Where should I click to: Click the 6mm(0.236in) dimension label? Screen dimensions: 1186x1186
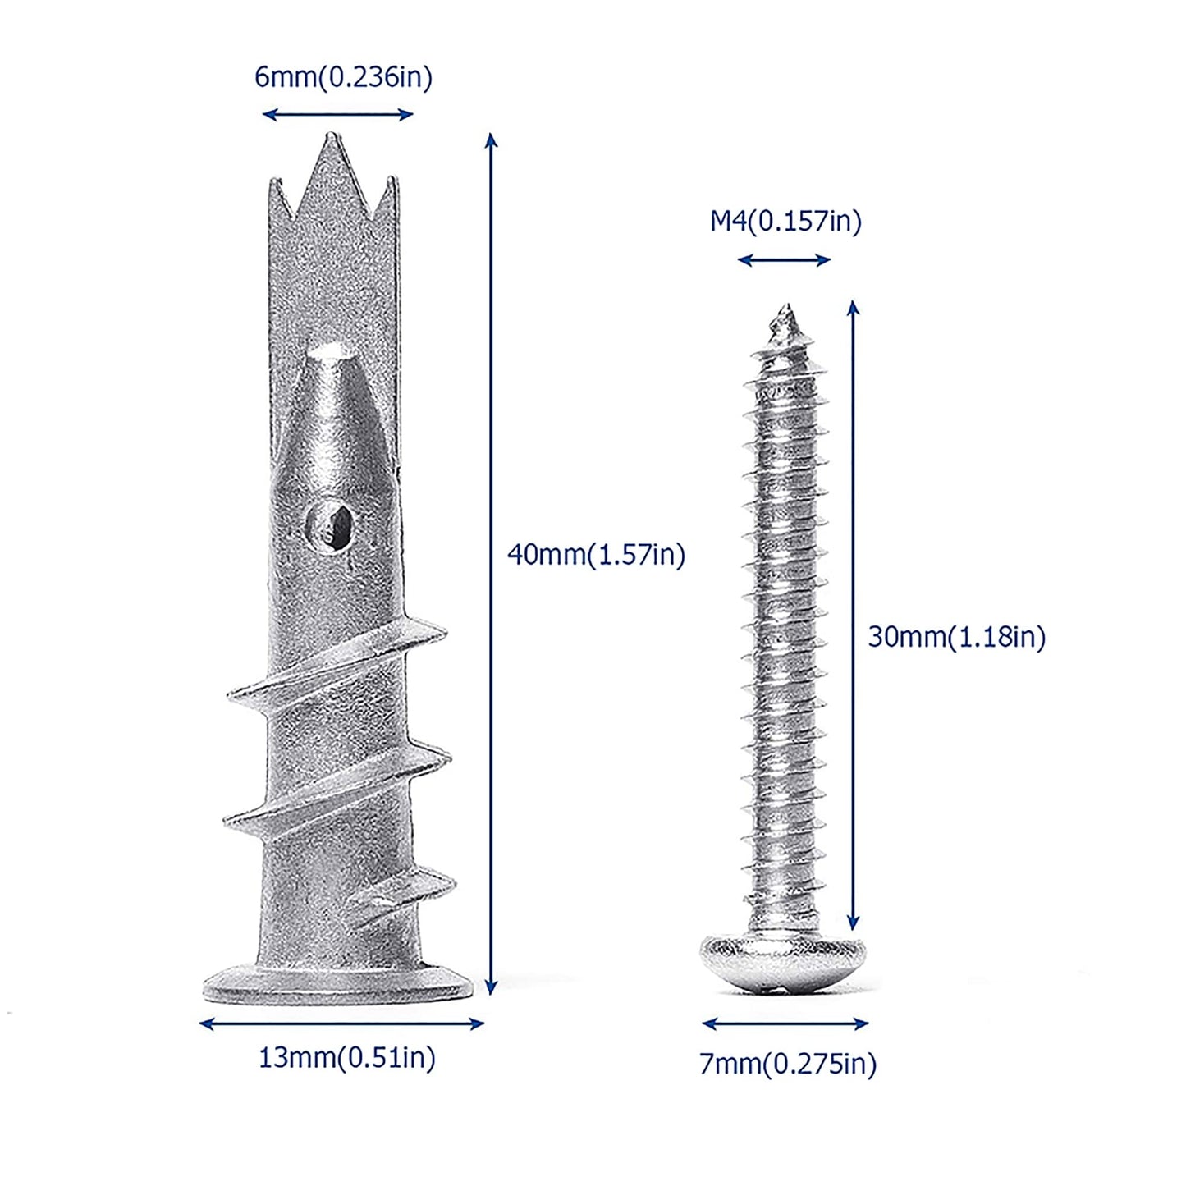pyautogui.click(x=343, y=77)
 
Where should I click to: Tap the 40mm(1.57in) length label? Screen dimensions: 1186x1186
pyautogui.click(x=596, y=555)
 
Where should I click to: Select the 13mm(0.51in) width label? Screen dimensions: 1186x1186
pyautogui.click(x=346, y=1058)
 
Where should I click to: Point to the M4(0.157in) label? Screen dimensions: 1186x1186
pyautogui.click(x=785, y=222)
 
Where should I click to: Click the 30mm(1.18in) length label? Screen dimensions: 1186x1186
pyautogui.click(x=956, y=637)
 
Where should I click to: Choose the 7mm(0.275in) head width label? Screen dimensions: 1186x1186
pyautogui.click(x=787, y=1064)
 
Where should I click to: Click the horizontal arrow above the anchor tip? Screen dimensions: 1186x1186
pyautogui.click(x=337, y=115)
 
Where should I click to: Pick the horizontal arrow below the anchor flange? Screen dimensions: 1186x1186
pyautogui.click(x=341, y=1023)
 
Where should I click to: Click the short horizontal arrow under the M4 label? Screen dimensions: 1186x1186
pyautogui.click(x=784, y=261)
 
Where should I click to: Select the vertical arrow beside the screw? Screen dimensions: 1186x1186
pyautogui.click(x=853, y=616)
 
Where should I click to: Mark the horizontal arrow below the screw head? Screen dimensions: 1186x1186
pyautogui.click(x=785, y=1023)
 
